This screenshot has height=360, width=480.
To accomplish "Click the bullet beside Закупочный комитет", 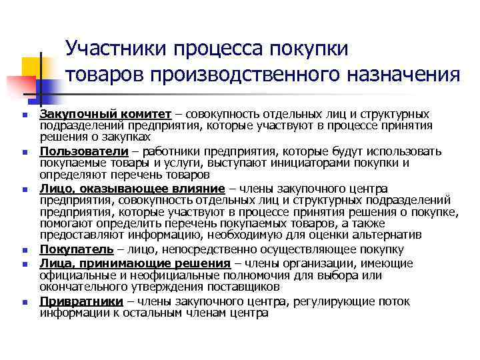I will (24, 115).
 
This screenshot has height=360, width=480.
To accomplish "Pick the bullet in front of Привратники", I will (24, 302).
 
